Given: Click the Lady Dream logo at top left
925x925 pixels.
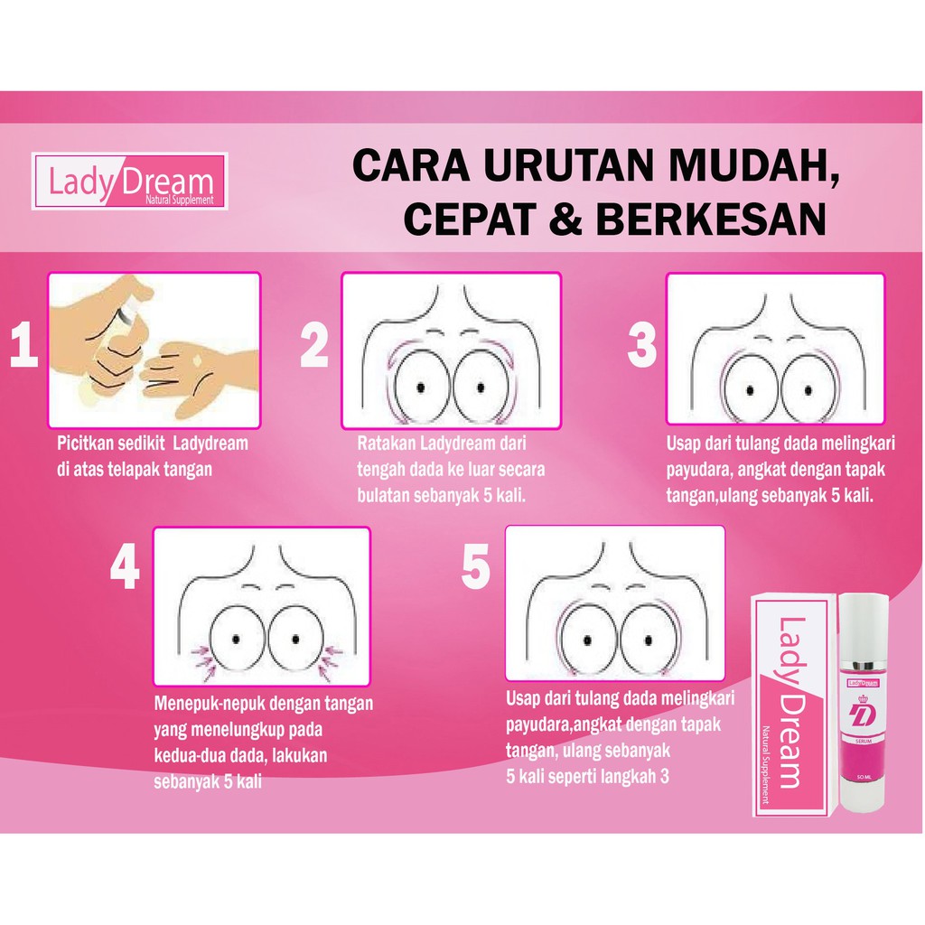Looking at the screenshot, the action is click(130, 181).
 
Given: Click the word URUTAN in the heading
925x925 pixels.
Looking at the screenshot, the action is click(569, 166).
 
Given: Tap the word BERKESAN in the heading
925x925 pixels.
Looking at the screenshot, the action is click(711, 219).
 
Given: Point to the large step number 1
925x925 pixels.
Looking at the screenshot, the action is click(24, 345).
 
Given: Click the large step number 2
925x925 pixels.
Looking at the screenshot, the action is click(314, 345).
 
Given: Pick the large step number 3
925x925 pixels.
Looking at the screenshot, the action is click(642, 345).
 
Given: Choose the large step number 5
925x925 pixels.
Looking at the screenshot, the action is click(475, 566).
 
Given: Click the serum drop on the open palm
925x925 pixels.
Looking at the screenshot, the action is click(197, 360).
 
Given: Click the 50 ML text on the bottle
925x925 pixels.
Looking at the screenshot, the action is click(864, 778).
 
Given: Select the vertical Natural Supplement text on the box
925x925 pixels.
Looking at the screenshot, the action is click(765, 764).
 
